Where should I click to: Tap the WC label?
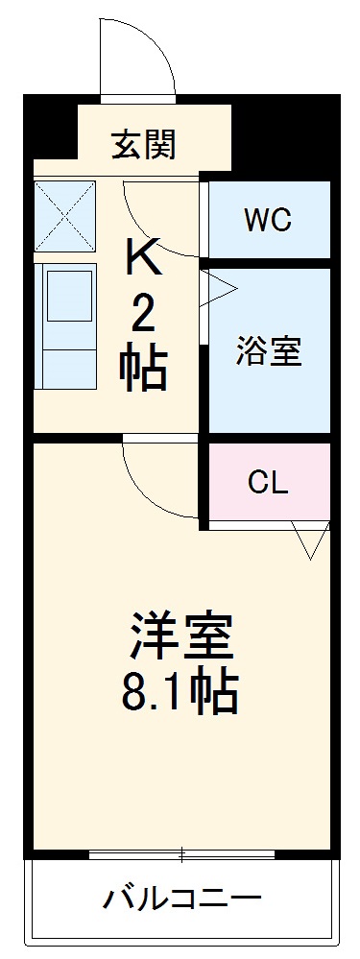point(267,220)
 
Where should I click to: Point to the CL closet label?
point(268,481)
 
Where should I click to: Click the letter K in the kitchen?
point(144,256)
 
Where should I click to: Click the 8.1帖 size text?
point(180,691)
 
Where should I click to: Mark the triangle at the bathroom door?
point(218,289)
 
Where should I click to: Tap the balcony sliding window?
point(181,854)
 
